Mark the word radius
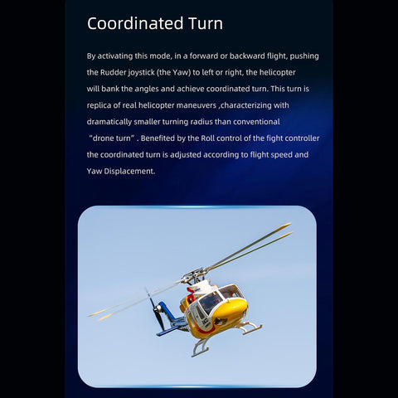[208, 122]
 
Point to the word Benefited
[172, 138]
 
